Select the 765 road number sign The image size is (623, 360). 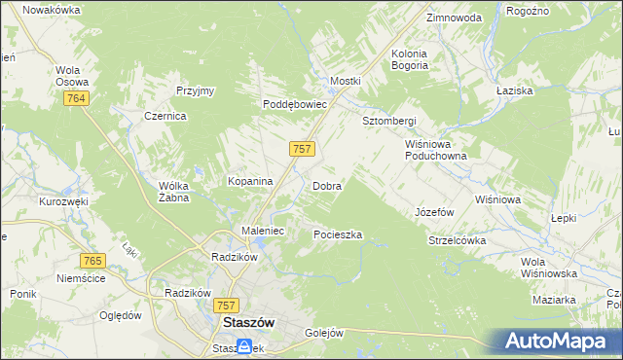93,261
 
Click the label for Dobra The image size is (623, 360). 326,185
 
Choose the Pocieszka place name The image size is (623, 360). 338,234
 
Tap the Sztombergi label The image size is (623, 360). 389,121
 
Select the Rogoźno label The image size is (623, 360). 529,11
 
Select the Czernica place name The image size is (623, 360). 165,115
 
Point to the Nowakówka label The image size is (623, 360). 51,9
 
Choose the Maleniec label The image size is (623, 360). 262,231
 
